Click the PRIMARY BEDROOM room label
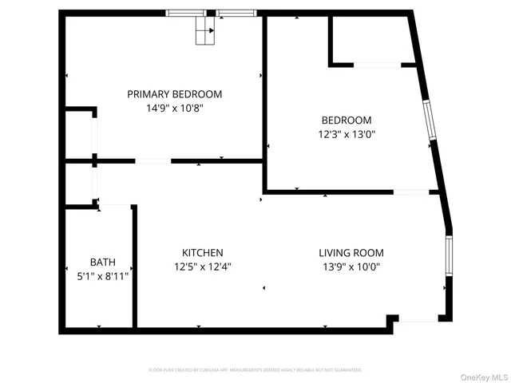(175, 94)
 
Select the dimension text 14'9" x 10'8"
(175, 109)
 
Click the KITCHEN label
(202, 252)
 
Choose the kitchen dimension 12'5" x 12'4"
(203, 267)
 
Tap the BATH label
(102, 262)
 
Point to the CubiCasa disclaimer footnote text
(255, 370)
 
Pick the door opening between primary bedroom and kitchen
(153, 161)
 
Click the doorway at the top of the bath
(114, 206)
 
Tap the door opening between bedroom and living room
(411, 191)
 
